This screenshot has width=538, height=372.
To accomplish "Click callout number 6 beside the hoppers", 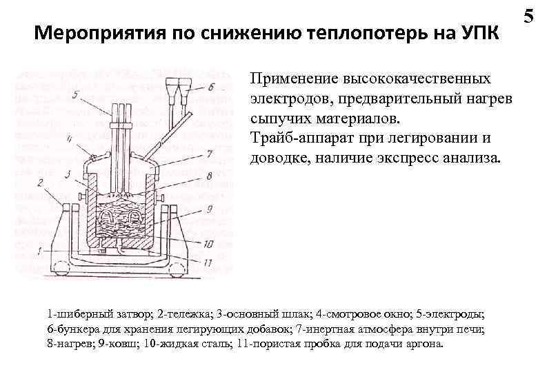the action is click(x=211, y=87).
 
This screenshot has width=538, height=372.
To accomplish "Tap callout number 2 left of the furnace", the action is click(x=41, y=183).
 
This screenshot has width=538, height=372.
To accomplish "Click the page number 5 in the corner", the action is click(x=529, y=14).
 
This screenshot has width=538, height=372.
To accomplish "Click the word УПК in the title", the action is click(x=475, y=32).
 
